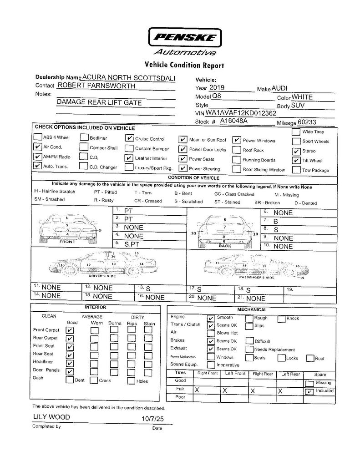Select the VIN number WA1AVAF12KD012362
point(241,113)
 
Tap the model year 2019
point(218,88)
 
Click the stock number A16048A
point(233,122)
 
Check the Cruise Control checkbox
point(129,138)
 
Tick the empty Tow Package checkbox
point(296,171)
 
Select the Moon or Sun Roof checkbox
point(183,140)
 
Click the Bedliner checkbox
point(84,137)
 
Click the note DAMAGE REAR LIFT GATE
point(99,102)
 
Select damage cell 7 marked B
point(276,221)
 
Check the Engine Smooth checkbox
point(211,318)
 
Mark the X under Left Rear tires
point(280,390)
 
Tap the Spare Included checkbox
point(309,391)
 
